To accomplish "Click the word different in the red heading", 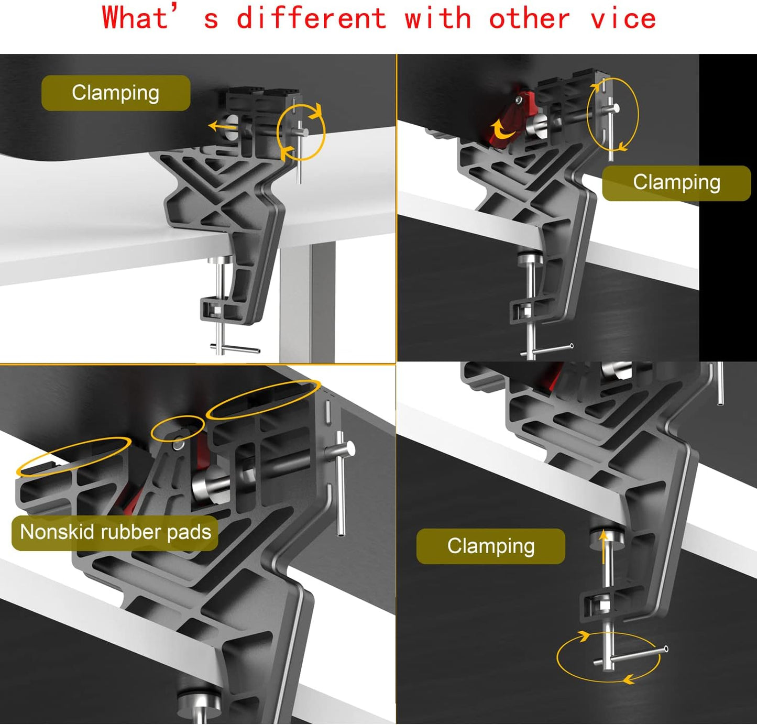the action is click(x=311, y=18).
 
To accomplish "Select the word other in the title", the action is click(x=530, y=18).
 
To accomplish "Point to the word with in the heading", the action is click(x=437, y=18).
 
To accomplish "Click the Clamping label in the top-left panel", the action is click(x=116, y=93).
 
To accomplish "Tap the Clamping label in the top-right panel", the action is click(x=676, y=183).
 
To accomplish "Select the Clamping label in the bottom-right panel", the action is click(x=490, y=546).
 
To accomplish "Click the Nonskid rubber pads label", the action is click(x=115, y=532).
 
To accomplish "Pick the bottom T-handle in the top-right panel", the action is click(x=546, y=350).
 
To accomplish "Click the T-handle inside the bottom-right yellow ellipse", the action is click(x=630, y=657).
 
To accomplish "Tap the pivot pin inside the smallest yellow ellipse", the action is click(x=178, y=443).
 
